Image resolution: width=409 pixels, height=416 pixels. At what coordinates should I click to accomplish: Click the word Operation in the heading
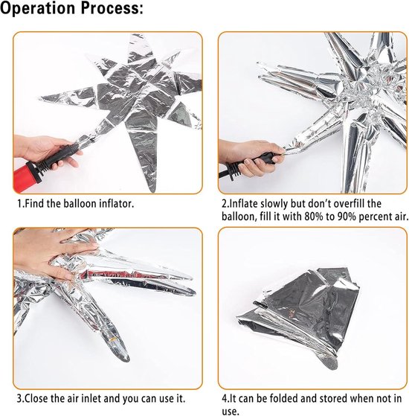tap(38, 9)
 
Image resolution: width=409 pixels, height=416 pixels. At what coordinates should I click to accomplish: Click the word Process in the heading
tap(109, 9)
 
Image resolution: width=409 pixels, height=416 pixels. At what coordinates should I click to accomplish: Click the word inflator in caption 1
tap(116, 204)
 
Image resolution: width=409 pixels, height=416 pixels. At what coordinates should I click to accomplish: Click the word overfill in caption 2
tap(350, 204)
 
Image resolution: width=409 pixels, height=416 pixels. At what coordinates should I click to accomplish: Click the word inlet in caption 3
tap(91, 399)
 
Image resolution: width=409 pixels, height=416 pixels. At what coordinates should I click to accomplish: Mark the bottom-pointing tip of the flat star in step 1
tap(153, 191)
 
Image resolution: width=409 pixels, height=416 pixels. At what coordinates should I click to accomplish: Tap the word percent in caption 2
tap(374, 217)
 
